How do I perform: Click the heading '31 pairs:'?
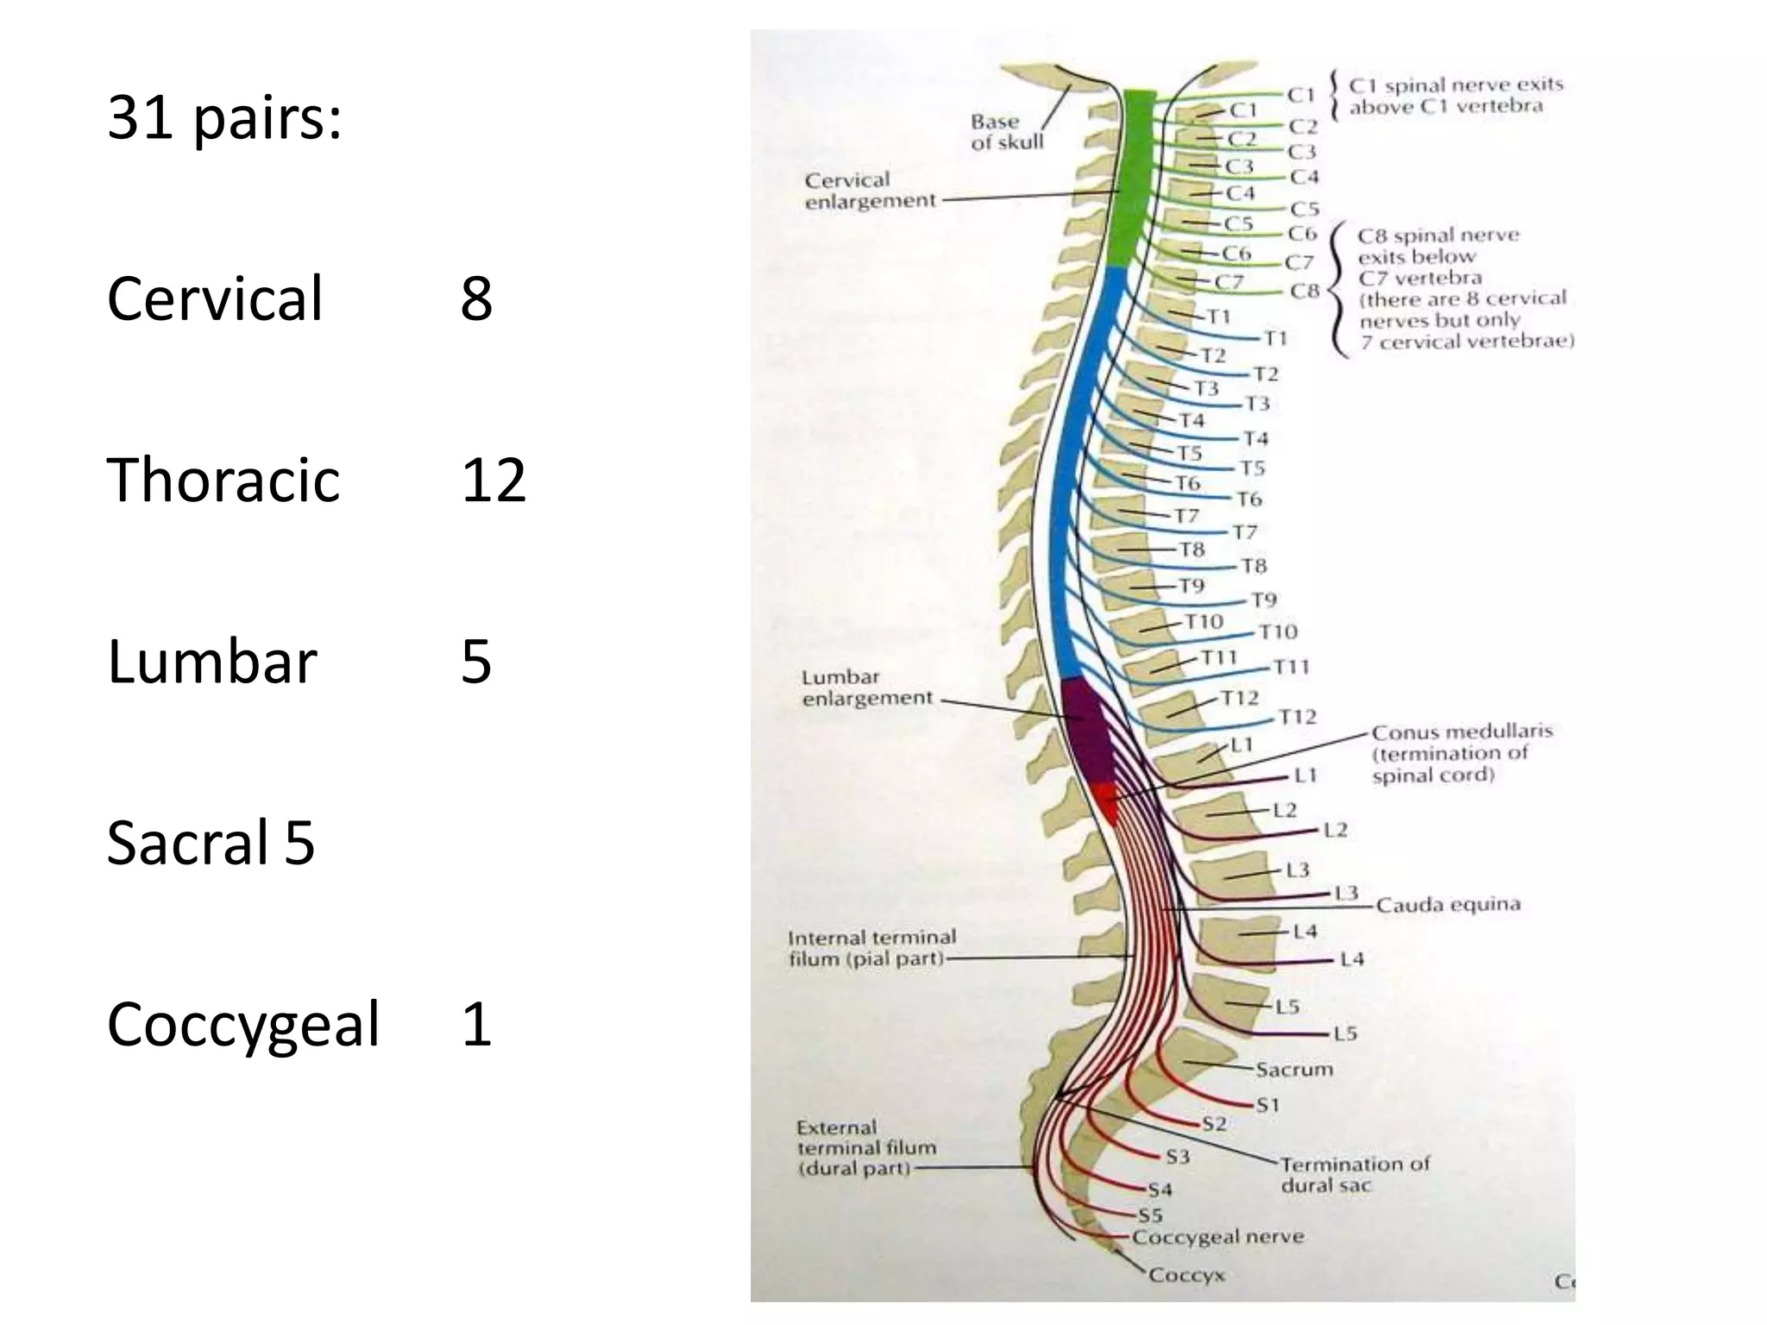click(224, 118)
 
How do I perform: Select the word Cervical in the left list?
click(215, 298)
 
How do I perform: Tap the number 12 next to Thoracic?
click(493, 480)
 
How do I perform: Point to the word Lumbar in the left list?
click(212, 662)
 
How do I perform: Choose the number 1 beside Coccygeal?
click(476, 1024)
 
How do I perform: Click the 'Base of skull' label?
click(1006, 132)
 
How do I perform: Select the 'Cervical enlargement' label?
click(869, 191)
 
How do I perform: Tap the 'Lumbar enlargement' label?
click(866, 688)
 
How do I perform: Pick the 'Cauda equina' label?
click(1447, 904)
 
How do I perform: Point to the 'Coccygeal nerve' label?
click(1217, 1237)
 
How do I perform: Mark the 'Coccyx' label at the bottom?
click(1186, 1274)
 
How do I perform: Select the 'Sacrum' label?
click(1293, 1070)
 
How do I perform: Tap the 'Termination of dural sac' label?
click(1354, 1174)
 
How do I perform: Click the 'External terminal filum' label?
click(866, 1148)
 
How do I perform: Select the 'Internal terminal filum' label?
click(871, 948)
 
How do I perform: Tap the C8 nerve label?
click(1305, 291)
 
